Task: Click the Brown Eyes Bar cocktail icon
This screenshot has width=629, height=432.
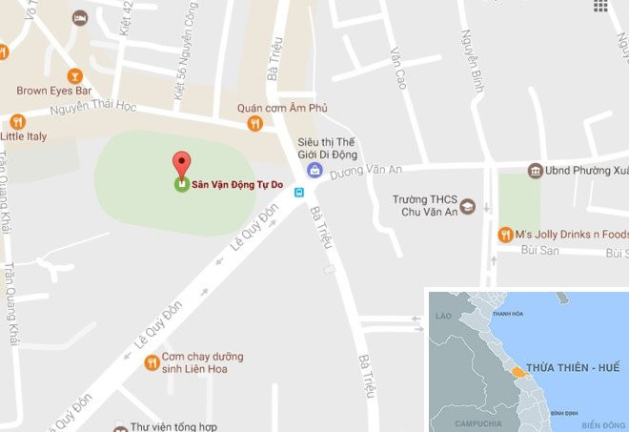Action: click(x=74, y=75)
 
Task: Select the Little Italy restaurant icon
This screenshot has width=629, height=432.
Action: click(x=16, y=121)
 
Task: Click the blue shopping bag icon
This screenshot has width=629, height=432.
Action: click(x=314, y=170)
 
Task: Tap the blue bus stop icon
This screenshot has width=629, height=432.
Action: click(x=299, y=192)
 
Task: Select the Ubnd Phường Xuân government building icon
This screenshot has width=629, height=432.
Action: click(x=536, y=171)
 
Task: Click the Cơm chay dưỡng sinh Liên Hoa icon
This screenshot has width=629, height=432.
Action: click(x=151, y=362)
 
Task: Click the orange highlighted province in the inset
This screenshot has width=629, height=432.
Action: click(x=517, y=370)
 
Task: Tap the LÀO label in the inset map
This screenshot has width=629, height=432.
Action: click(x=441, y=315)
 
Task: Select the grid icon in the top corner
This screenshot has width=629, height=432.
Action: click(x=600, y=6)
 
